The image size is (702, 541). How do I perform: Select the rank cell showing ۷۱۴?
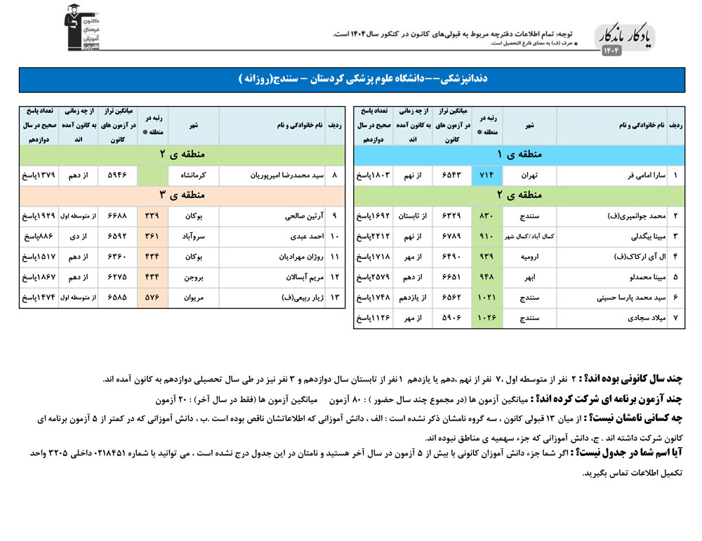(486, 175)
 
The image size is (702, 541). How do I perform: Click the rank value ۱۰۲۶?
(486, 319)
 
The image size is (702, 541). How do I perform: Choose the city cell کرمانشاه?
(193, 175)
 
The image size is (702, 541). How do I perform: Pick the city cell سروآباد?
(193, 236)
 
